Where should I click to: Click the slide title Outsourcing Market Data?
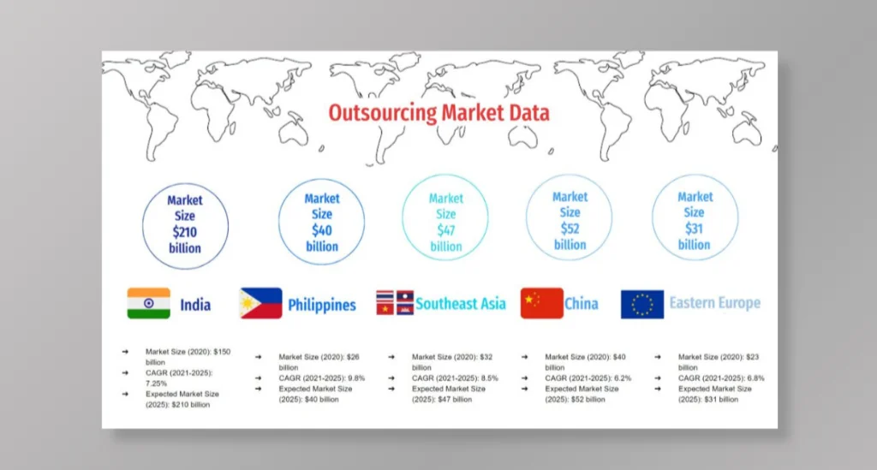[438, 113]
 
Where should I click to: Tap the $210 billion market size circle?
[185, 224]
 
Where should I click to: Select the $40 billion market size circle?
[322, 222]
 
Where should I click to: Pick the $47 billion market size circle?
[445, 222]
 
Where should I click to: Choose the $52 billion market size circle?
[570, 220]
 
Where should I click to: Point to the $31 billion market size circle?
[695, 220]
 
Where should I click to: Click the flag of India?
[148, 303]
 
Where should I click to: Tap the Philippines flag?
[261, 303]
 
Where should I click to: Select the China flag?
[541, 303]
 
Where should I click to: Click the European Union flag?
[641, 304]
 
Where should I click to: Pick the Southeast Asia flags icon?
[395, 302]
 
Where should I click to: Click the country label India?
[195, 304]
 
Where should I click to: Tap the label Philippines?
[322, 305]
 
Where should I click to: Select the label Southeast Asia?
[461, 303]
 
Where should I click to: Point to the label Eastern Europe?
[714, 303]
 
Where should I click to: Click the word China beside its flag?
[582, 303]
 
